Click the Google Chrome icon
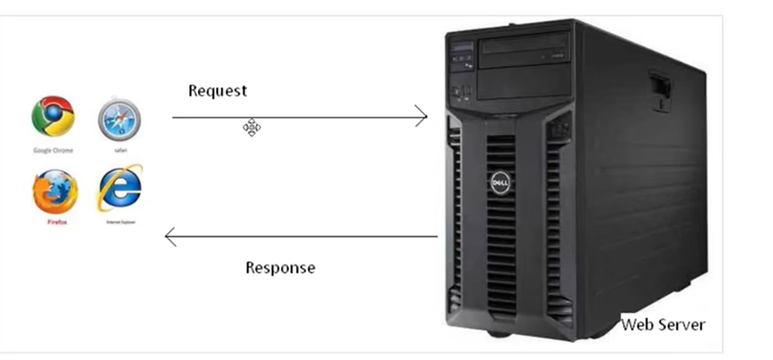point(53,116)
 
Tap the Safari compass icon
point(119,119)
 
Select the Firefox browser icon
point(55,192)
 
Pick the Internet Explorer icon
point(120,188)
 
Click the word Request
point(217,90)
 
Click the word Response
point(280,267)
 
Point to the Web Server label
point(663,324)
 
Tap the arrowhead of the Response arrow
point(170,236)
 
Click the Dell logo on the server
point(501,184)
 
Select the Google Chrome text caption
point(53,150)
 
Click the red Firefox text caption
point(57,222)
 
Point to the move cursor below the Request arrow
point(251,128)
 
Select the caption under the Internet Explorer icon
point(120,221)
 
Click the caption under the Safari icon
point(120,150)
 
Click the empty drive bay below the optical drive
point(524,82)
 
